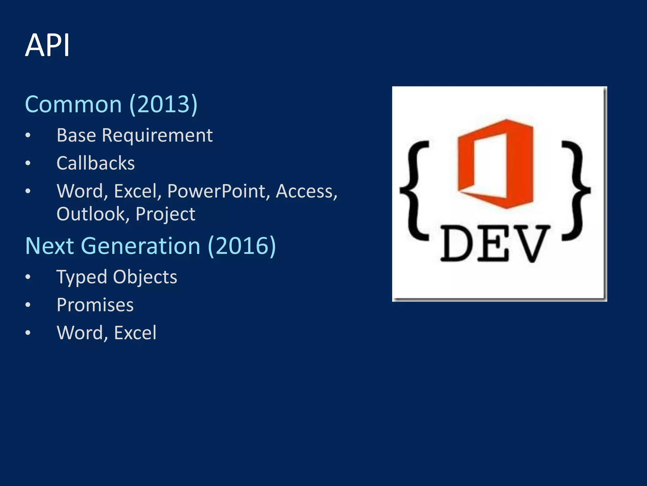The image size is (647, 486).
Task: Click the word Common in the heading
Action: point(73,104)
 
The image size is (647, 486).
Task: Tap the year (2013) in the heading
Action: point(164,104)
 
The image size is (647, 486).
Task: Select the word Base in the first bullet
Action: point(76,135)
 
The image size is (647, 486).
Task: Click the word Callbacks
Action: point(95,163)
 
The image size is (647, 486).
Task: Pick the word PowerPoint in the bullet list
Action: point(216,191)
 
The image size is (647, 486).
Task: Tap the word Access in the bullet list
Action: point(306,191)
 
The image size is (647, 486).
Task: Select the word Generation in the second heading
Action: point(141,246)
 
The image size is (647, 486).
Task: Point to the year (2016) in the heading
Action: point(242,246)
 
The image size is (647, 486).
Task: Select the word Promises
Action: point(95,305)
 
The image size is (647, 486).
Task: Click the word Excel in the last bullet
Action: point(135,333)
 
